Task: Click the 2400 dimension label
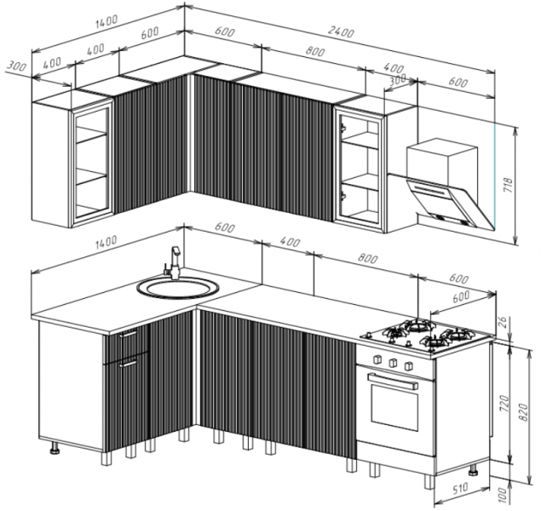(341, 32)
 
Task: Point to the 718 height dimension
(509, 185)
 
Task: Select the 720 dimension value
(504, 404)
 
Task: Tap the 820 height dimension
(523, 411)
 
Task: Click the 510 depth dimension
(460, 489)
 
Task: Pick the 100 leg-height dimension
(504, 495)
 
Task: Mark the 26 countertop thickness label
(504, 322)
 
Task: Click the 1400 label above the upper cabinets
(106, 21)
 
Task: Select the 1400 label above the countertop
(106, 242)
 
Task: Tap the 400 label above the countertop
(290, 242)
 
